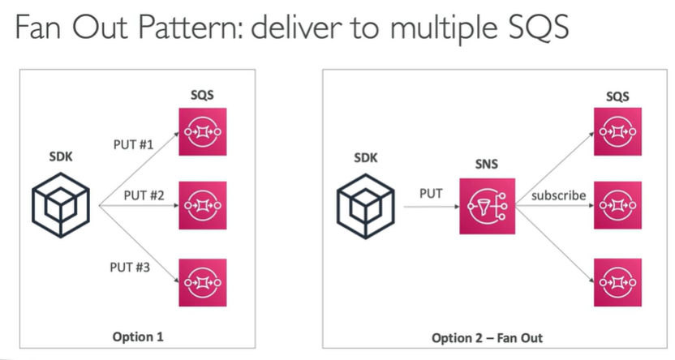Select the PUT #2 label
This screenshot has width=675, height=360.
144,195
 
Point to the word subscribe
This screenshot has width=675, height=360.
558,195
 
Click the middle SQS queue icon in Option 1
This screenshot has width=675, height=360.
202,206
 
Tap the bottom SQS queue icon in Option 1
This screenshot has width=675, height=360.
202,282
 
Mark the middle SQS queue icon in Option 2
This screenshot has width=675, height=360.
618,206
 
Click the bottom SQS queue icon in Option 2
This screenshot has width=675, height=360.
618,281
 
